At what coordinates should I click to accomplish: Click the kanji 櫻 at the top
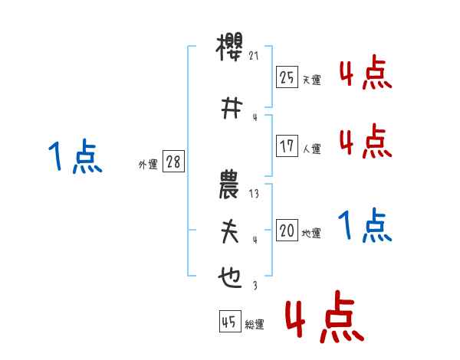click(231, 50)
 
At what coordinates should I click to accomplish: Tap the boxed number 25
click(287, 77)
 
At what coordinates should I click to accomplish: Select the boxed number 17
click(287, 146)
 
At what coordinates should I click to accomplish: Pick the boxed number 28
click(173, 162)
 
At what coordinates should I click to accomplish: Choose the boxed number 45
click(229, 322)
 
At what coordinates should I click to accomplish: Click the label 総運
click(255, 325)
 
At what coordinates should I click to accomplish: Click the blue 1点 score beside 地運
click(364, 226)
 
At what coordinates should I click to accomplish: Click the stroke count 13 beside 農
click(255, 195)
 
